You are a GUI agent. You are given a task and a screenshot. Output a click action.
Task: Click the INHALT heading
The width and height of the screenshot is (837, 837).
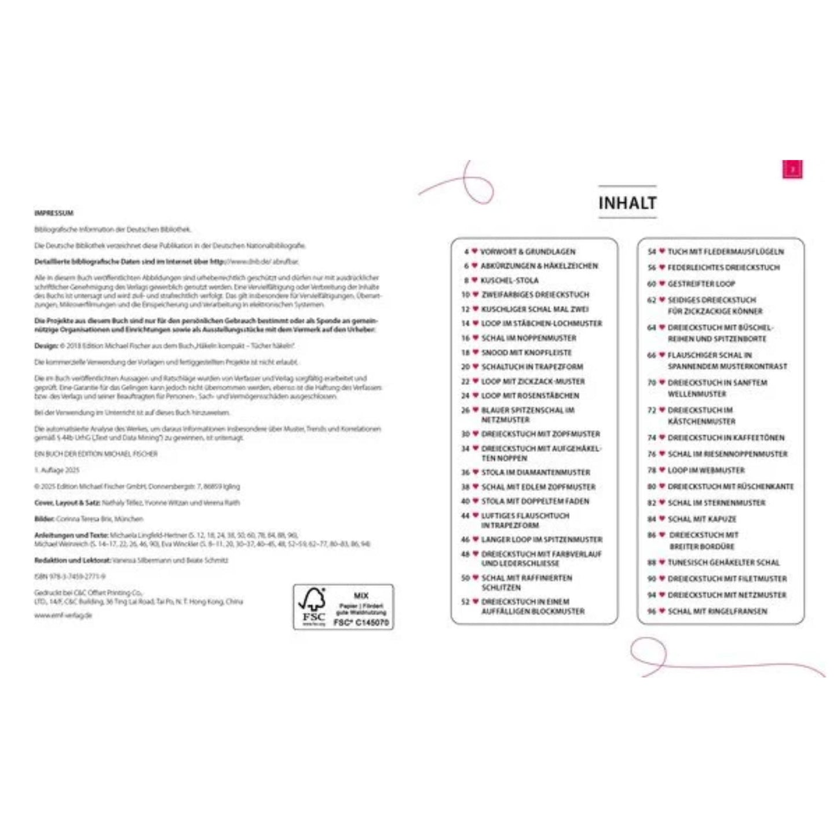point(627,203)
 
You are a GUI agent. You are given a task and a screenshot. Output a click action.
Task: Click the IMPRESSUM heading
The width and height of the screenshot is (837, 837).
point(54,213)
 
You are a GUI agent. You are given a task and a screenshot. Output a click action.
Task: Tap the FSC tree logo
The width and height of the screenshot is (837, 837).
point(313,606)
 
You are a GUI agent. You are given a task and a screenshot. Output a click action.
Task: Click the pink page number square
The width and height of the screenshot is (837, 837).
point(792,169)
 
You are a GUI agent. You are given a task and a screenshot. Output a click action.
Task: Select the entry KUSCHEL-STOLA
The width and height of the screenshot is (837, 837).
point(509,280)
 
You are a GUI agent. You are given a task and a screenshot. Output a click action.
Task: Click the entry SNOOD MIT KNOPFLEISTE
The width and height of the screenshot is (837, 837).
point(526,352)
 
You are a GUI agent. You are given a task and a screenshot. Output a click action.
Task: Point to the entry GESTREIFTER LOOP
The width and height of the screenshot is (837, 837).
point(701,284)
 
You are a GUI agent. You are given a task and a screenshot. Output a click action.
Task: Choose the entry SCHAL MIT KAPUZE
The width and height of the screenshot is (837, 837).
point(701,519)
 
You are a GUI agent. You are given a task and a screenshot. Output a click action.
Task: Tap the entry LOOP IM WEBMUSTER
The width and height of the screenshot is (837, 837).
point(706,470)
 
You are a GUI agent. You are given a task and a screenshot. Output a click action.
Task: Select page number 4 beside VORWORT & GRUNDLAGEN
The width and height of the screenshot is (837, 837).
point(466,252)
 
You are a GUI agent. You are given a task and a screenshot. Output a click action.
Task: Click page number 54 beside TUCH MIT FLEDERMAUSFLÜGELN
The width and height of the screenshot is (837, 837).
point(652,252)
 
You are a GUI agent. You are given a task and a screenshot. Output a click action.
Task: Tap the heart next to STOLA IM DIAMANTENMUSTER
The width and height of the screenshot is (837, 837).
point(476,472)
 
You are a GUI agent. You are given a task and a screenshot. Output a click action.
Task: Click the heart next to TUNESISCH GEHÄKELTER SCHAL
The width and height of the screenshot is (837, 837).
point(661,562)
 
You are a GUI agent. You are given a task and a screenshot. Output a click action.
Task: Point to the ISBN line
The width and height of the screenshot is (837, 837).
point(70,576)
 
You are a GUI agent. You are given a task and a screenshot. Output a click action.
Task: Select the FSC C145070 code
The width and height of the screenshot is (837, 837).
point(361,623)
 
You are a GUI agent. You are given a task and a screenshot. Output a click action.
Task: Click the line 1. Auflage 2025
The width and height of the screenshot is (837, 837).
point(57,470)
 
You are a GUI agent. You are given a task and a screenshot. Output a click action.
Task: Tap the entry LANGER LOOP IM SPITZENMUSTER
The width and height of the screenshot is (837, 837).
point(541,539)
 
